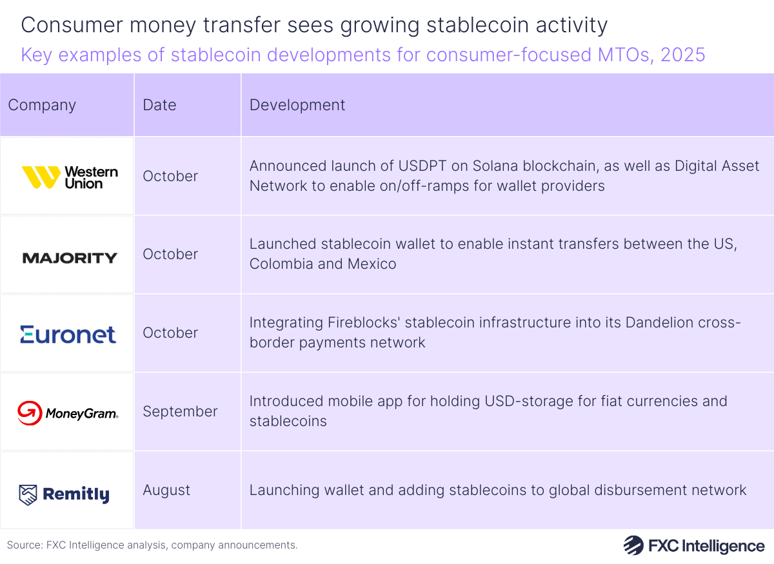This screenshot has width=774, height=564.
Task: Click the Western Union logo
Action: (x=70, y=177)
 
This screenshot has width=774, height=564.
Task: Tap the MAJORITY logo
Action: (x=70, y=258)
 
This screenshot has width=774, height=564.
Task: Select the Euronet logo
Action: (x=68, y=334)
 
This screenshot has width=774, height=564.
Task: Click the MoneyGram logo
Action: (x=68, y=413)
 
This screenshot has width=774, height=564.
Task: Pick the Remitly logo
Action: (x=64, y=494)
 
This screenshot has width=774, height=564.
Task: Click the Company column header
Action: (x=42, y=105)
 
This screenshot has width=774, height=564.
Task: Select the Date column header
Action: (x=159, y=105)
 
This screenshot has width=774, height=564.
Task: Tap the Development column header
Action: (x=297, y=105)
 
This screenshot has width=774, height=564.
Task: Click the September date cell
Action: (x=180, y=411)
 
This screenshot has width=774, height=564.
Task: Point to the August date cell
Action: (x=166, y=490)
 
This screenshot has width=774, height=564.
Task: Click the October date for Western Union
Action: (x=170, y=176)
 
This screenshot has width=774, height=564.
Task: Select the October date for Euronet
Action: (x=170, y=333)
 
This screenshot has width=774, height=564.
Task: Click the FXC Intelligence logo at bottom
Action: (x=694, y=545)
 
